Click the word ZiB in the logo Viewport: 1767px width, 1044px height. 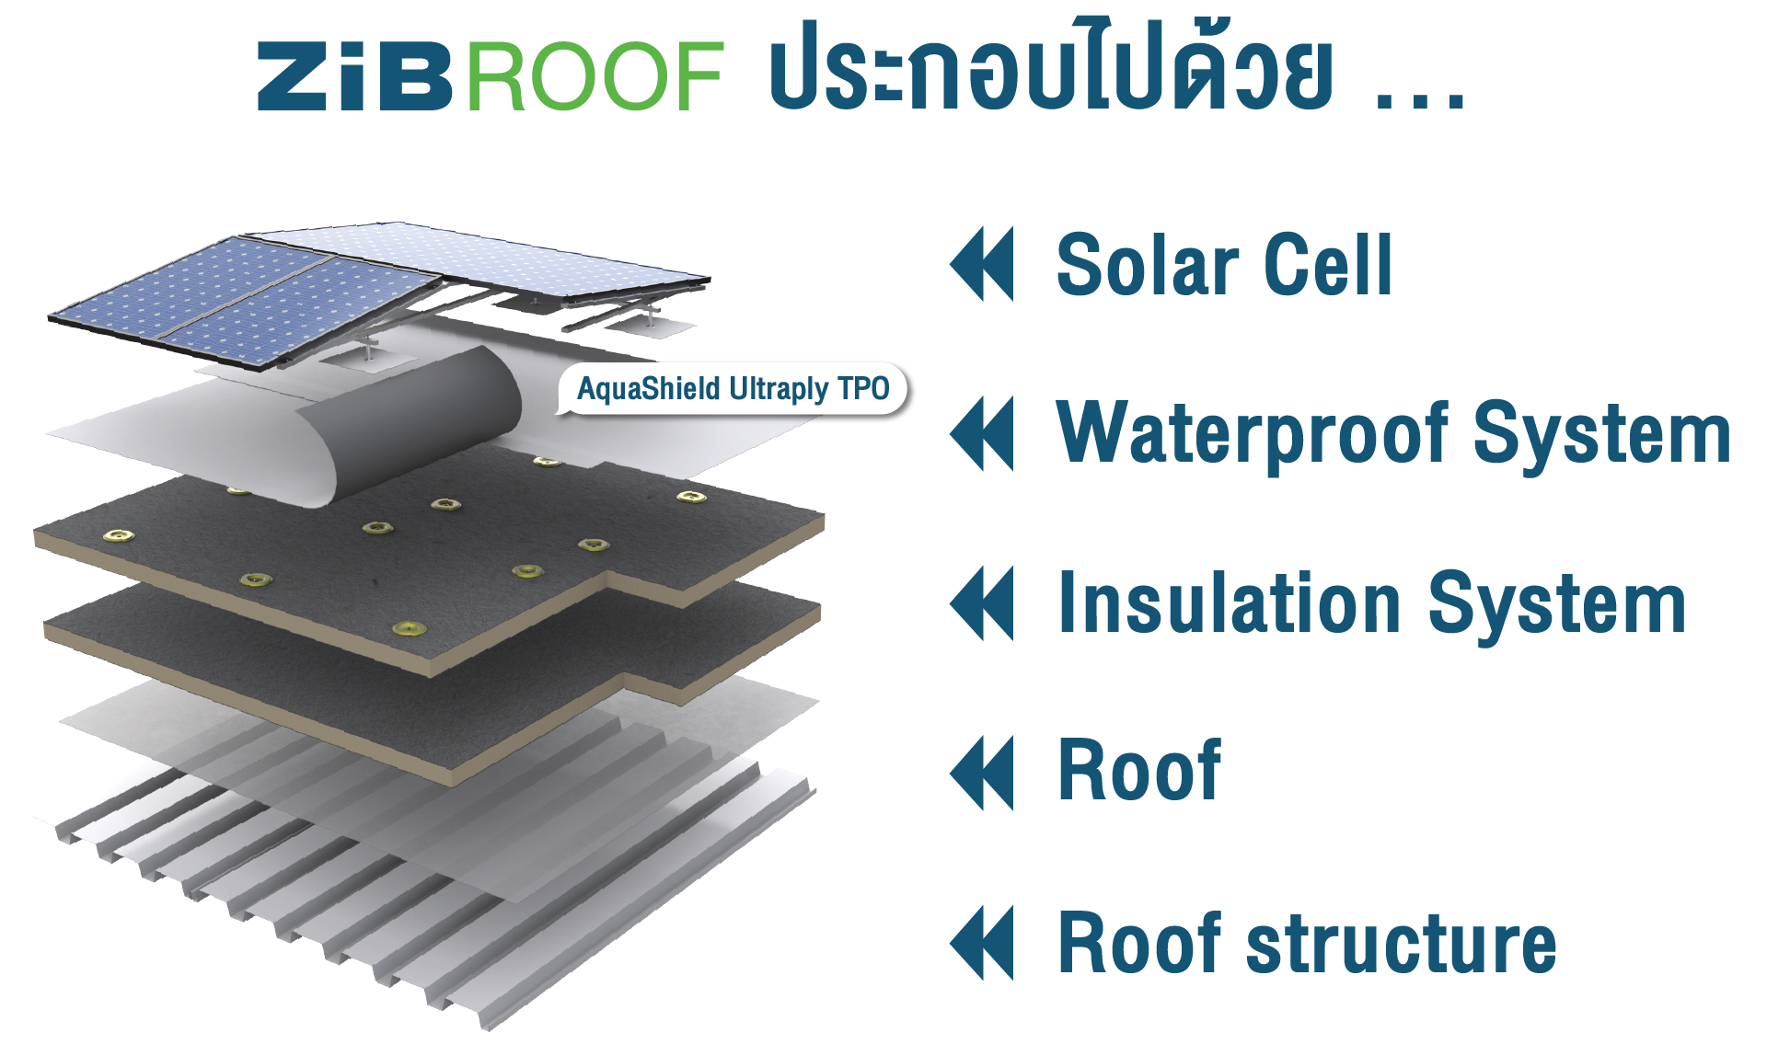354,76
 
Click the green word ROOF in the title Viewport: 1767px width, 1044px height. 595,76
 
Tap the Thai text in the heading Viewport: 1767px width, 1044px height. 1049,69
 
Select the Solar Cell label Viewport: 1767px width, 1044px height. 1224,265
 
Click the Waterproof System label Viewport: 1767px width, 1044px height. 1392,434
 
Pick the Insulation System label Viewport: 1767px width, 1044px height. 1371,603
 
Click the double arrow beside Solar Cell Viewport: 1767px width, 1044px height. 982,264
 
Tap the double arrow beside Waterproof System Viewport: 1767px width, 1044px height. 982,433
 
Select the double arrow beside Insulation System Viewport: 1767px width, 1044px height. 982,602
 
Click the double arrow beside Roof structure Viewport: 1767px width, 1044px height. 982,943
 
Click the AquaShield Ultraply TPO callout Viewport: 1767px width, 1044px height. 733,389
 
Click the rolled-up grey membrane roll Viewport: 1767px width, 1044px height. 414,423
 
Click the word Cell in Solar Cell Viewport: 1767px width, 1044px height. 1328,265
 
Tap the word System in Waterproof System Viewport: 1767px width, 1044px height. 1601,434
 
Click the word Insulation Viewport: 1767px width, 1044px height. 1230,603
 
